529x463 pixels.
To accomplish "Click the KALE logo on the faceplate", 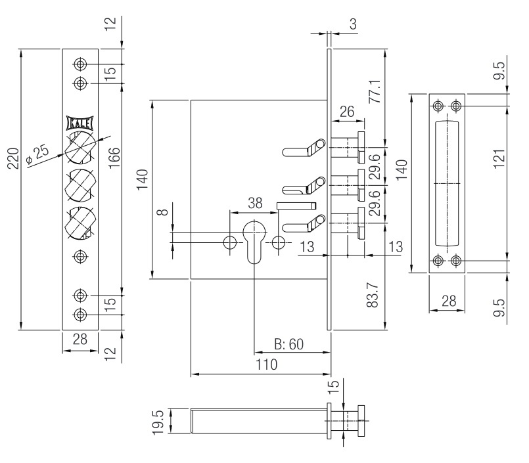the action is pyautogui.click(x=80, y=123).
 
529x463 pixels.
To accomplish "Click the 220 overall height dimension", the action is pyautogui.click(x=13, y=158).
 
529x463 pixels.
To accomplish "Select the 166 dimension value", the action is pyautogui.click(x=114, y=158).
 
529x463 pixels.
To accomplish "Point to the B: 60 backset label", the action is pyautogui.click(x=288, y=344).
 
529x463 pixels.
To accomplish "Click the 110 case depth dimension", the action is pyautogui.click(x=267, y=364).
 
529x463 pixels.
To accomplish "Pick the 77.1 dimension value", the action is pyautogui.click(x=375, y=91).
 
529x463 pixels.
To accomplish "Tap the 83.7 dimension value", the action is pyautogui.click(x=373, y=296).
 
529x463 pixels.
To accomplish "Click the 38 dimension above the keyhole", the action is pyautogui.click(x=255, y=204).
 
